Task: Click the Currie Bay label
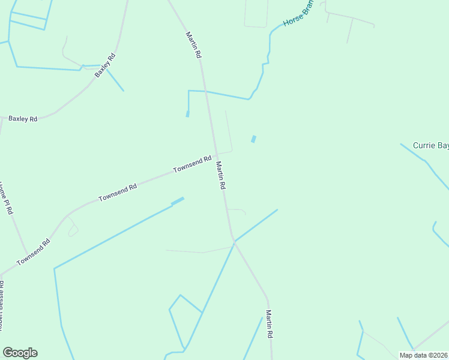click(430, 145)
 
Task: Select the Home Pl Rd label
click(6, 199)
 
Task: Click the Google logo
click(20, 353)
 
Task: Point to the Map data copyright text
click(423, 355)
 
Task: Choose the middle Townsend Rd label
click(118, 191)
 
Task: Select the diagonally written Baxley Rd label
click(104, 65)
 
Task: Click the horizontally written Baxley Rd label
click(23, 119)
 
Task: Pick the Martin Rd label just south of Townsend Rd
click(220, 176)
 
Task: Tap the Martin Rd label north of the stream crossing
click(193, 45)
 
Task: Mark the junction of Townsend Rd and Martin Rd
click(215, 155)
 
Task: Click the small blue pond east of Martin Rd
click(253, 139)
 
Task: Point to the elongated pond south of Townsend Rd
click(177, 202)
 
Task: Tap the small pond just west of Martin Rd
click(187, 113)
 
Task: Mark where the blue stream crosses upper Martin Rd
click(206, 91)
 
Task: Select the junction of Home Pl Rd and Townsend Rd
click(27, 254)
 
